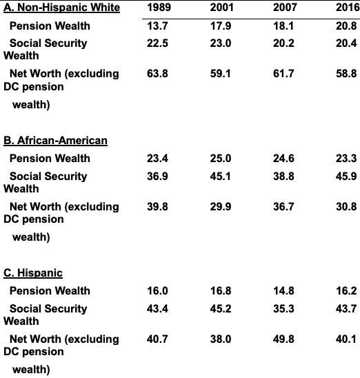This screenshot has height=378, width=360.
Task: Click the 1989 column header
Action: pos(159,7)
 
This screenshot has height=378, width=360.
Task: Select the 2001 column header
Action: pos(222,7)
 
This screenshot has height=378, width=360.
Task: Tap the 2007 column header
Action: pos(285,7)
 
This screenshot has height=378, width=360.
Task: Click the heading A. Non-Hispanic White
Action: pos(61,8)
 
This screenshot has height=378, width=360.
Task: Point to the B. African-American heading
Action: pos(55,140)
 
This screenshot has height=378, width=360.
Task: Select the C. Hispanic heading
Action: pos(33,273)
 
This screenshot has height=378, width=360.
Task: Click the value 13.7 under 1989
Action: pos(157,26)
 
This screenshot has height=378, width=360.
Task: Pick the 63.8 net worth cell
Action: pos(157,74)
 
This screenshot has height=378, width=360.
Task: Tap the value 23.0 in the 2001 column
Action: pos(221,43)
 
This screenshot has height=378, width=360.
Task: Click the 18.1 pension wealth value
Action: pos(283,26)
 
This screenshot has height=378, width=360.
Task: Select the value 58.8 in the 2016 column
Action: pos(346,74)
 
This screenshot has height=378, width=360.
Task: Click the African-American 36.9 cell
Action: pos(157,176)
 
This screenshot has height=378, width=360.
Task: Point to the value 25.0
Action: pos(221,159)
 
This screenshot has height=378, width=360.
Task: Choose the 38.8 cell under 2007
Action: pos(283,176)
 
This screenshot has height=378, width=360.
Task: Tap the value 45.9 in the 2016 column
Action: pos(346,176)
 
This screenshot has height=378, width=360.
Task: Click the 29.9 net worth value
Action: pos(221,207)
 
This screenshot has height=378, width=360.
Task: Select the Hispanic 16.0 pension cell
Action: pos(157,290)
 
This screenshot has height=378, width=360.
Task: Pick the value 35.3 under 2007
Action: pos(283,308)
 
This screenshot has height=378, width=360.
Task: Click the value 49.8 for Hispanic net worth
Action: pos(283,339)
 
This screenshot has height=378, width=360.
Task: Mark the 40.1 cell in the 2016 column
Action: pos(346,339)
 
